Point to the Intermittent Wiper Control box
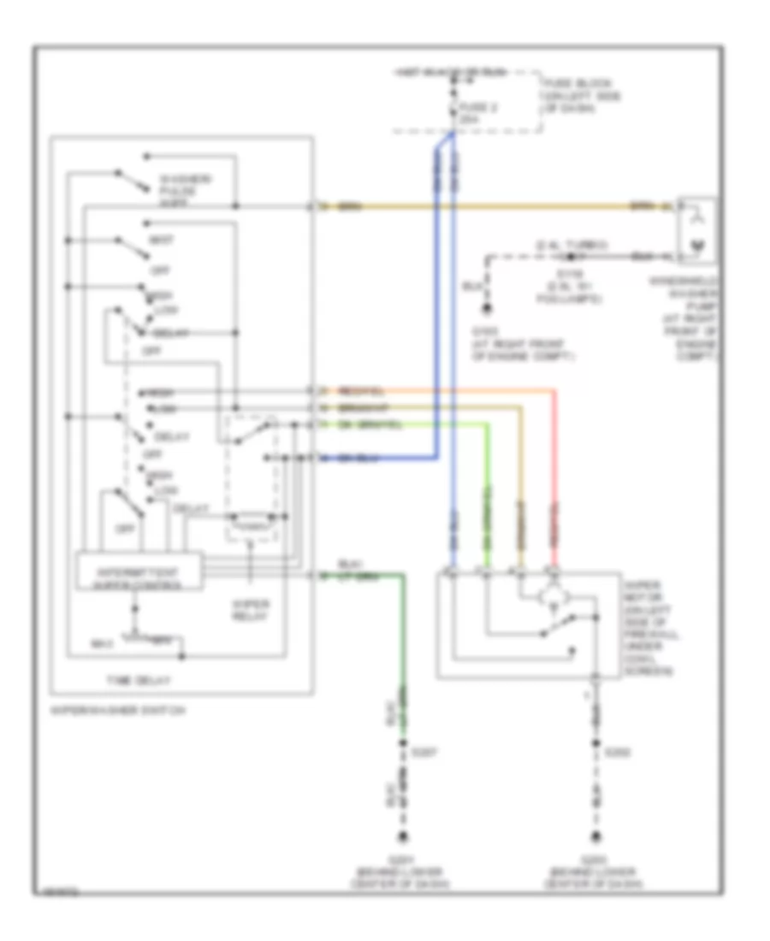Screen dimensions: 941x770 [x=139, y=571]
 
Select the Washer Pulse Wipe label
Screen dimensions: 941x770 [x=183, y=191]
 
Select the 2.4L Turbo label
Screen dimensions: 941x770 [x=565, y=246]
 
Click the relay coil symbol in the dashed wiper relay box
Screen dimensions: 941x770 [x=250, y=518]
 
